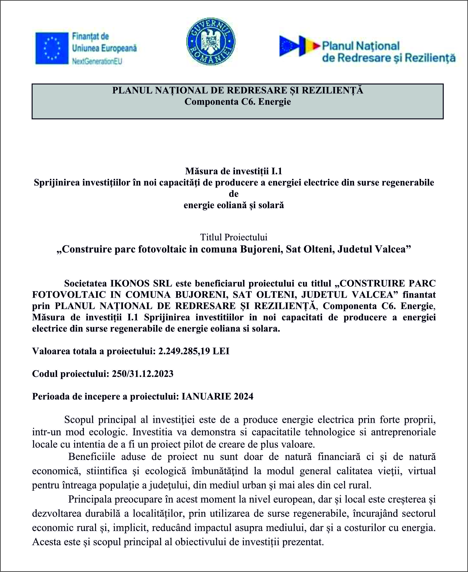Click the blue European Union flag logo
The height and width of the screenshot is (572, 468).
coord(52,48)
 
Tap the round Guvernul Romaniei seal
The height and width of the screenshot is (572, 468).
coord(211,42)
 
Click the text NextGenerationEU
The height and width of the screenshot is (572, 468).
coord(97,61)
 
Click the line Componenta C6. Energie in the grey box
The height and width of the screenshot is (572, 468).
coord(238,102)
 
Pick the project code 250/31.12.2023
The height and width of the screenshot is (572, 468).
coord(142,373)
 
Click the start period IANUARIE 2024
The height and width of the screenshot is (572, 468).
coord(218,396)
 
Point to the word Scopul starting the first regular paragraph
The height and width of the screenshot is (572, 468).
coord(79,420)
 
